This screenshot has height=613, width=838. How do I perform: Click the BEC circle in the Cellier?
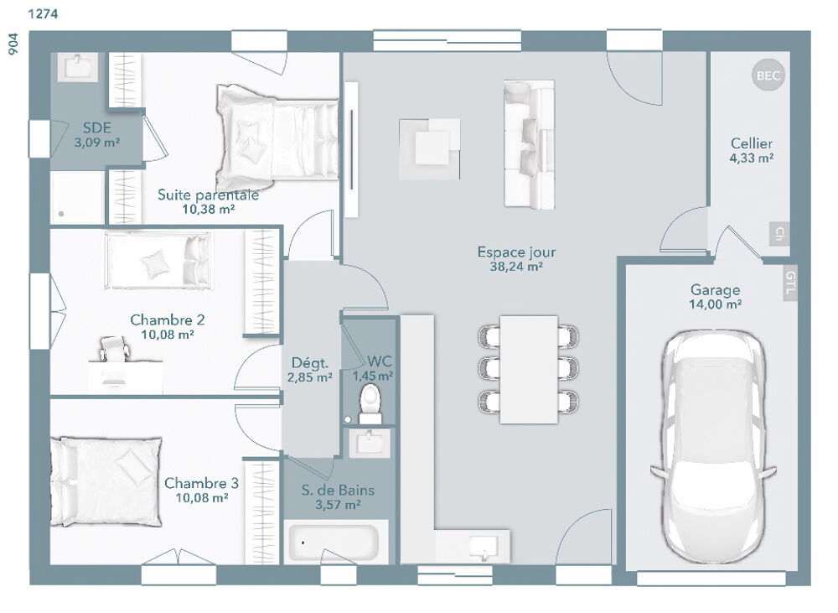pyautogui.click(x=768, y=75)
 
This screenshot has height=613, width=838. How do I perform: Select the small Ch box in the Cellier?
pyautogui.click(x=780, y=233)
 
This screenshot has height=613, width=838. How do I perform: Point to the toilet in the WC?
pyautogui.click(x=370, y=403)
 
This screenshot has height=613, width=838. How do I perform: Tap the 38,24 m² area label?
pyautogui.click(x=516, y=267)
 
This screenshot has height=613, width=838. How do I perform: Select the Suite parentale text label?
pyautogui.click(x=208, y=195)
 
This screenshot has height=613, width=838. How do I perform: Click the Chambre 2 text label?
pyautogui.click(x=168, y=319)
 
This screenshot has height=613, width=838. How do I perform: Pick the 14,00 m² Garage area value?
pyautogui.click(x=715, y=305)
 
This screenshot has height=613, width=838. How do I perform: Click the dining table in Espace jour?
pyautogui.click(x=529, y=369)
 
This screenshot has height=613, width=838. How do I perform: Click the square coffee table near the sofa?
pyautogui.click(x=430, y=148)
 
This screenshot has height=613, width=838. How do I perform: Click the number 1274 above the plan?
pyautogui.click(x=43, y=14)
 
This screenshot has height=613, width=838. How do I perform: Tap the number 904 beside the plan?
pyautogui.click(x=13, y=44)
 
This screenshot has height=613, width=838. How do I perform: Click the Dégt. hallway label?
pyautogui.click(x=309, y=363)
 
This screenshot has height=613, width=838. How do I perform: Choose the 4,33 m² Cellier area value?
pyautogui.click(x=752, y=158)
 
